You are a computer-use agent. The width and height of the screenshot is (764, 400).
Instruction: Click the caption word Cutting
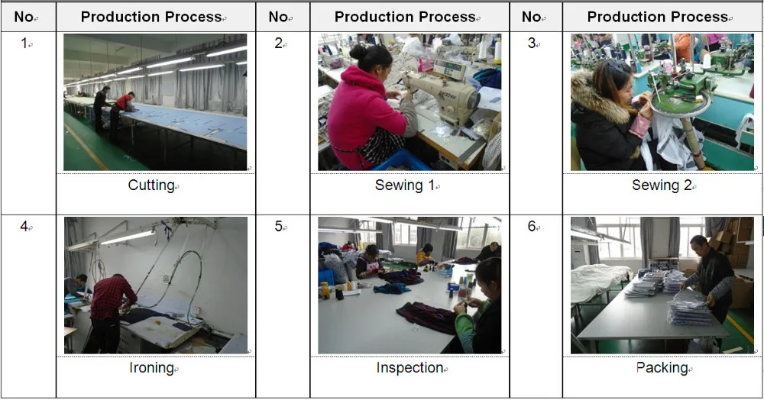coord(151,185)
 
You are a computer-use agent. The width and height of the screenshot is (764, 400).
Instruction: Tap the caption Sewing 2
coord(662,185)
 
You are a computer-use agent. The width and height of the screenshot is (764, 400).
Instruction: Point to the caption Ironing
coord(151,368)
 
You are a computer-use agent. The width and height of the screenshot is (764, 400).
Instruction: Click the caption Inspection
coord(410,368)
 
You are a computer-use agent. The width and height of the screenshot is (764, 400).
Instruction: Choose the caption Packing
coord(662,368)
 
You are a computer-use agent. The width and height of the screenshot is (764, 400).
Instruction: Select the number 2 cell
coord(279,44)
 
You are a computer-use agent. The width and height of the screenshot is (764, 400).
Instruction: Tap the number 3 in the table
coord(532,44)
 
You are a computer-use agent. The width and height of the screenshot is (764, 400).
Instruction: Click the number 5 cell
coord(279,227)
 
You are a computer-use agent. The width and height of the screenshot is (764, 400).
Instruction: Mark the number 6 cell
coord(532,227)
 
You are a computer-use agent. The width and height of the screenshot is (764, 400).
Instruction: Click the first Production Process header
coord(151,17)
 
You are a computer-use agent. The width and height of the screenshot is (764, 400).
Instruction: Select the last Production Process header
coord(658,17)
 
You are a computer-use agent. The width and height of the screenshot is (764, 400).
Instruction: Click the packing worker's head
coord(698,244)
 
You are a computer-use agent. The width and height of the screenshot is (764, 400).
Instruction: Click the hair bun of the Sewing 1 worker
coord(358,51)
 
